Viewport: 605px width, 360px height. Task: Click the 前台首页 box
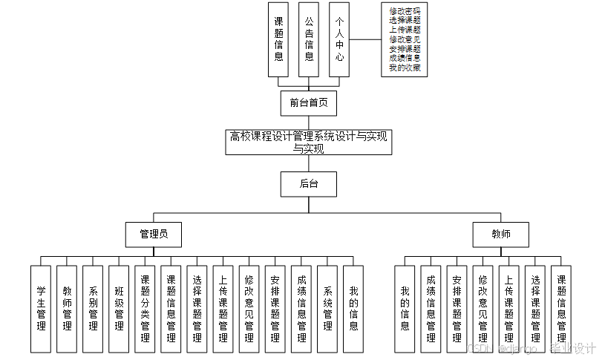pyautogui.click(x=308, y=103)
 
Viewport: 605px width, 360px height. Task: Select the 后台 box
pyautogui.click(x=308, y=184)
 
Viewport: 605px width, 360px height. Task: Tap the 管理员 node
pyautogui.click(x=154, y=235)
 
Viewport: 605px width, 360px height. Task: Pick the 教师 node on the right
pyautogui.click(x=500, y=235)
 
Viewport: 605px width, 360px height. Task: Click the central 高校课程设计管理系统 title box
pyautogui.click(x=308, y=142)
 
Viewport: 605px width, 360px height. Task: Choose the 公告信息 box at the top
pyautogui.click(x=309, y=39)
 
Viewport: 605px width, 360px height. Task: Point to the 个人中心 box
pyautogui.click(x=339, y=39)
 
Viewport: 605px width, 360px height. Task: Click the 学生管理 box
pyautogui.click(x=41, y=309)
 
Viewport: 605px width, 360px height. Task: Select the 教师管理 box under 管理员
pyautogui.click(x=67, y=309)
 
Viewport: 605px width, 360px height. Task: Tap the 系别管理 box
pyautogui.click(x=93, y=309)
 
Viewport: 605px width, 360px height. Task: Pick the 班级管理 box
pyautogui.click(x=119, y=309)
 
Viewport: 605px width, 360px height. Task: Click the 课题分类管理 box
pyautogui.click(x=145, y=309)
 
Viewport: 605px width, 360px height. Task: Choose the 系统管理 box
pyautogui.click(x=327, y=309)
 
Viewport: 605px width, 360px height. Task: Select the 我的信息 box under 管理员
pyautogui.click(x=353, y=309)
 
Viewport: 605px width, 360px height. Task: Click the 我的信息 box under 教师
pyautogui.click(x=405, y=309)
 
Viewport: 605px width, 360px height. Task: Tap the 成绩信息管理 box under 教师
pyautogui.click(x=431, y=309)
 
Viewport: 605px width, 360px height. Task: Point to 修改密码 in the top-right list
pyautogui.click(x=405, y=11)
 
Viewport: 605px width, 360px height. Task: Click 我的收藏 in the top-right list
pyautogui.click(x=405, y=68)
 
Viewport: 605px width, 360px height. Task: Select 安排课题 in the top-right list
pyautogui.click(x=405, y=49)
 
